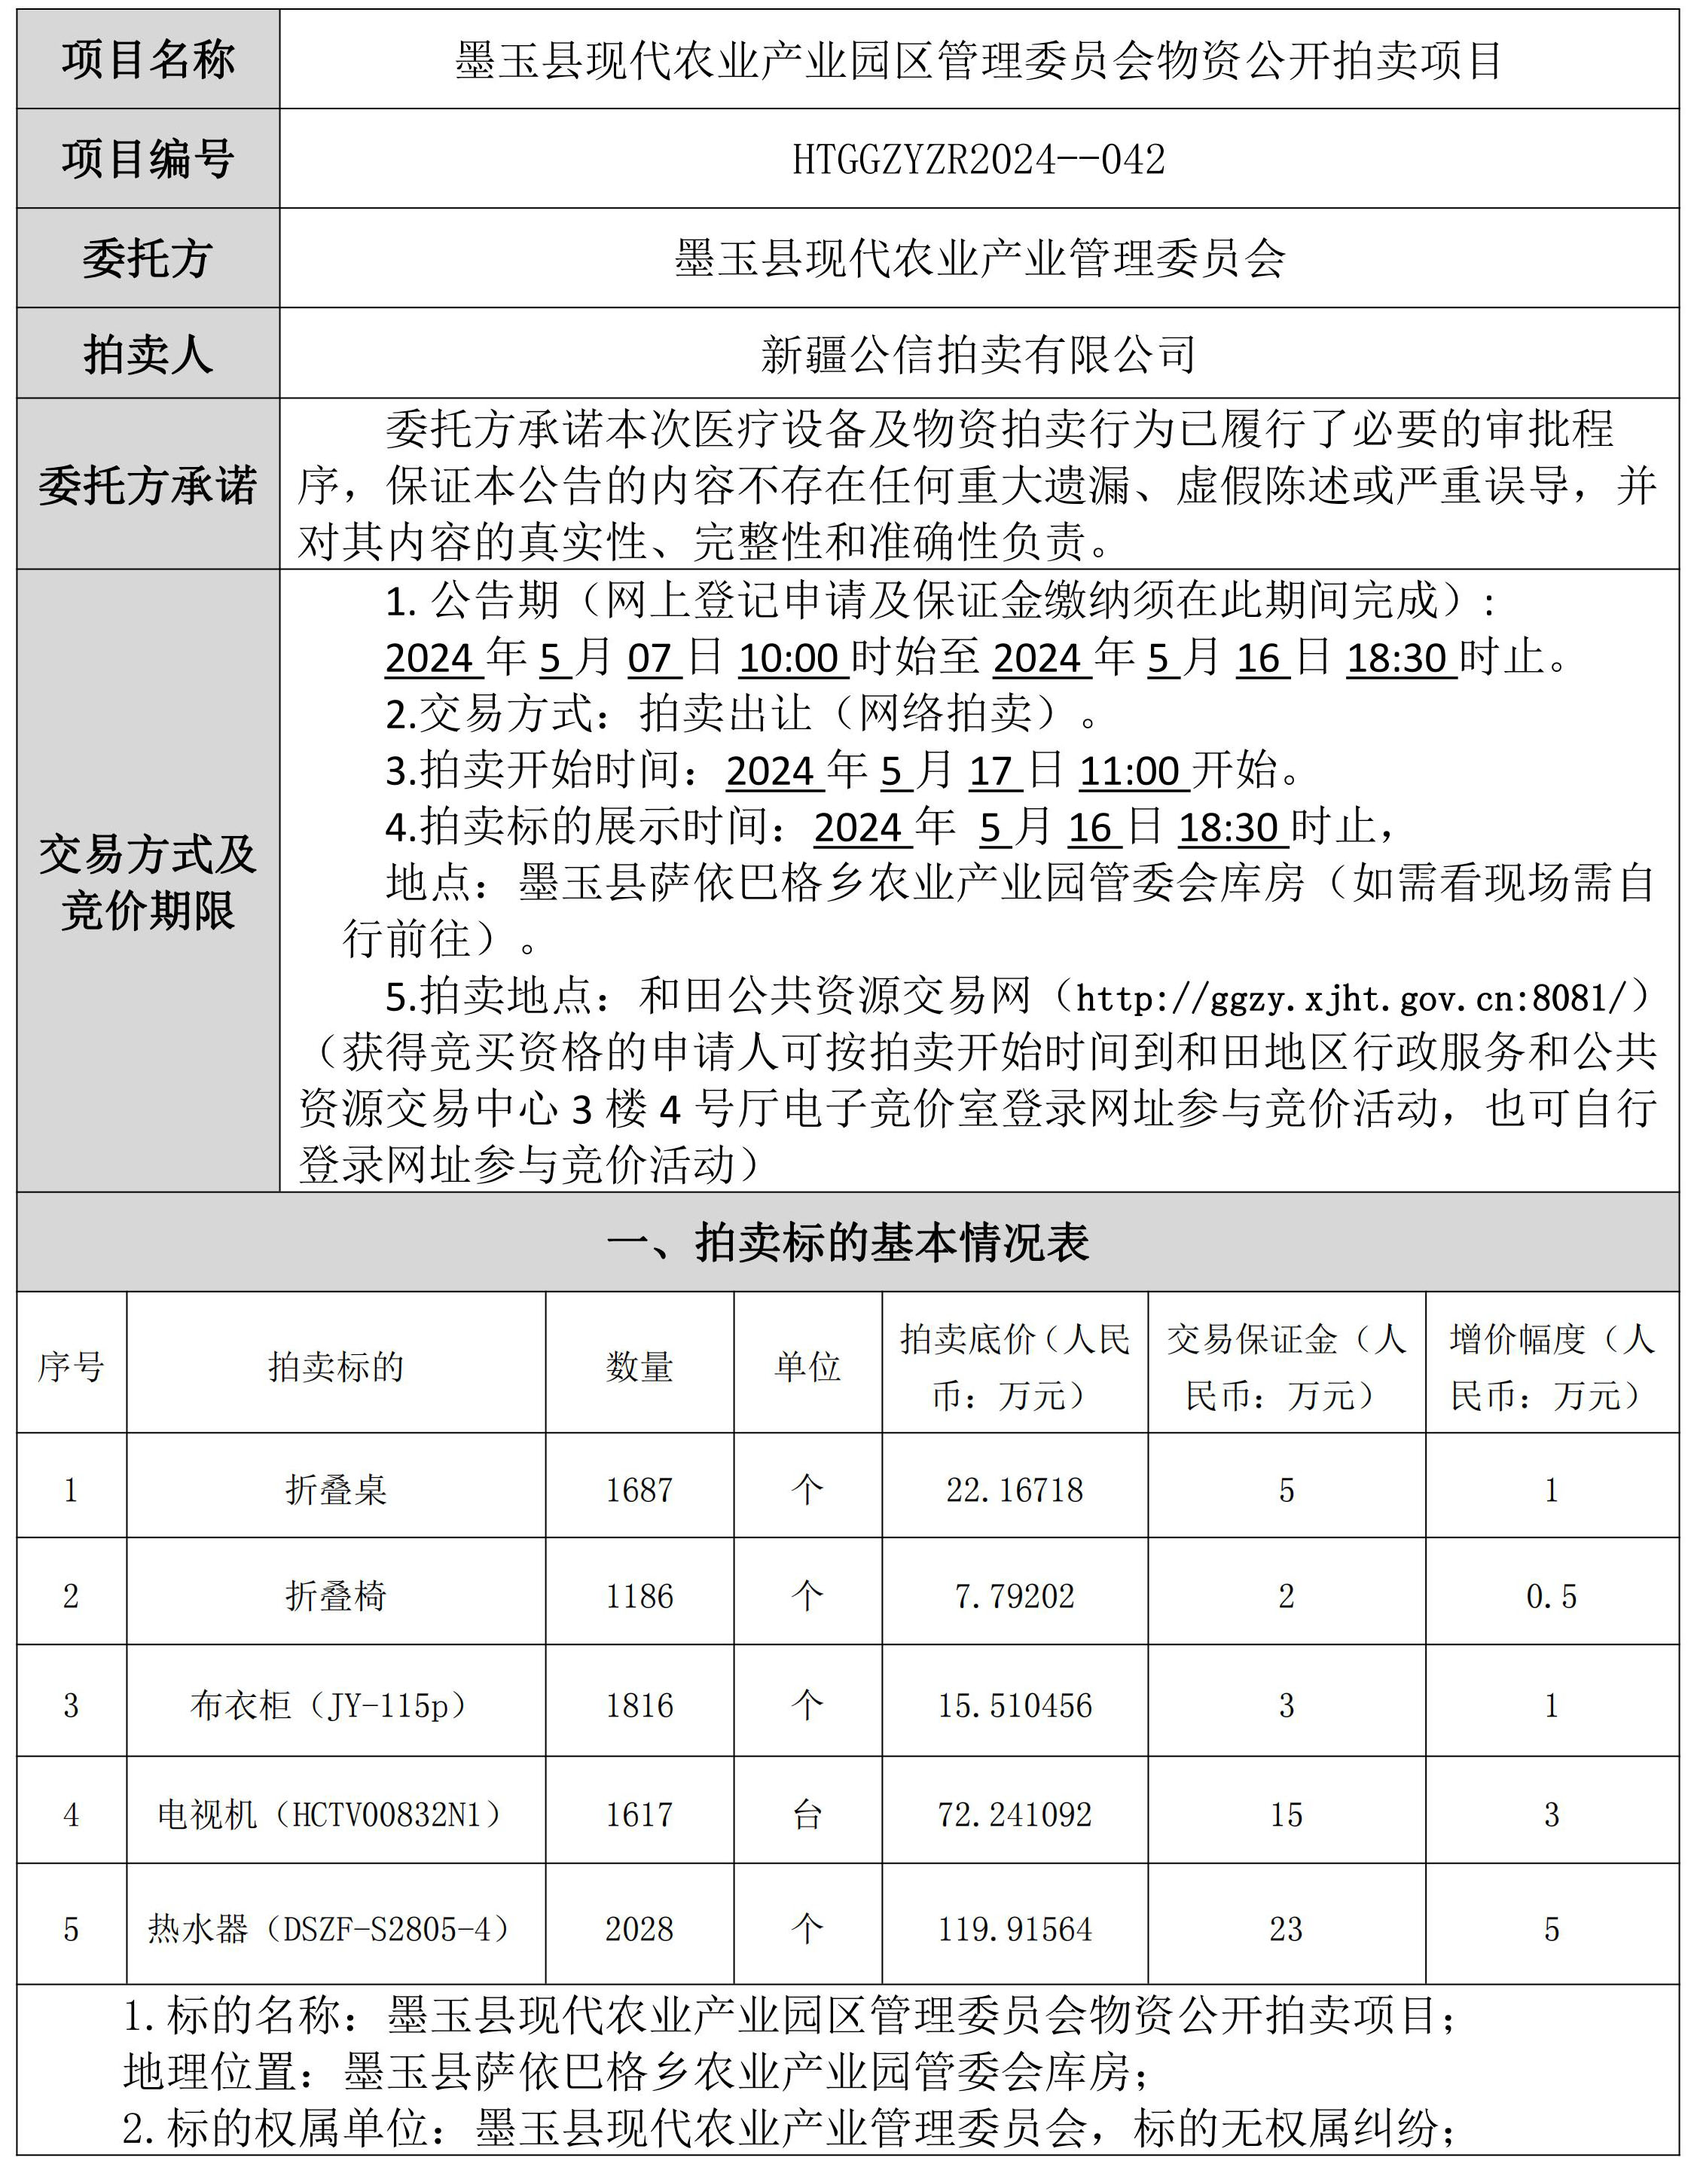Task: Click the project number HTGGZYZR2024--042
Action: [x=978, y=159]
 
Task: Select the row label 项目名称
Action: [x=148, y=60]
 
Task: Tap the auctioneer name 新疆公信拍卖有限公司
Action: [x=978, y=354]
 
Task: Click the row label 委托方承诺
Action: [x=148, y=485]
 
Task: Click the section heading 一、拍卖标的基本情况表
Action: [x=847, y=1242]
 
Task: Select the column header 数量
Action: [x=639, y=1367]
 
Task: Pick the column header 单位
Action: [x=807, y=1367]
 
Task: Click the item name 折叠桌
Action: [x=336, y=1489]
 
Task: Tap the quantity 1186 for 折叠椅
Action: [x=639, y=1596]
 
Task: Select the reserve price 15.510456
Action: [x=1015, y=1705]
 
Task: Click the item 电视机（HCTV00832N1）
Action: [x=336, y=1814]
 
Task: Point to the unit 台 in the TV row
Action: [x=807, y=1814]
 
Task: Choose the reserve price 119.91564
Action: [x=1015, y=1928]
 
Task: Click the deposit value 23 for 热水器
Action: [x=1286, y=1928]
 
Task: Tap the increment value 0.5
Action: [x=1551, y=1596]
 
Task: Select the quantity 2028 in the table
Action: [x=639, y=1928]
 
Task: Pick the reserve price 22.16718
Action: [x=1015, y=1489]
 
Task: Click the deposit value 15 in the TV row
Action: [x=1286, y=1814]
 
